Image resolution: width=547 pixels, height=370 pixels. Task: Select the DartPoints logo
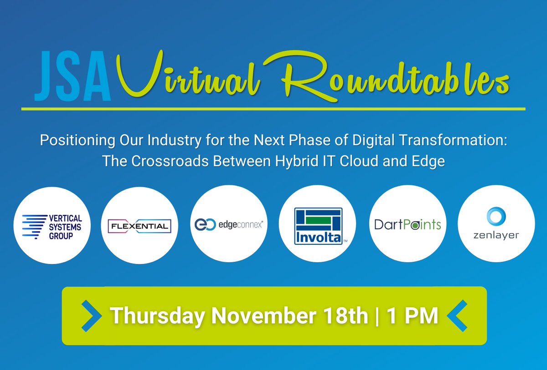407,225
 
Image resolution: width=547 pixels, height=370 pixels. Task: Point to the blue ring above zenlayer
496,216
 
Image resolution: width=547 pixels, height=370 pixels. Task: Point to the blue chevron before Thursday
91,315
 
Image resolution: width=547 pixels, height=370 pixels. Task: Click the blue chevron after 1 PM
458,315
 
